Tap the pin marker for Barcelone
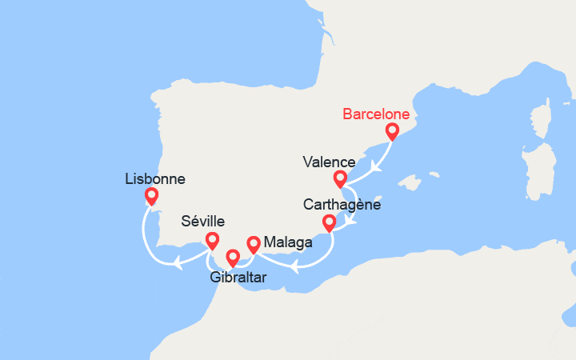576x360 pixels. click(392, 131)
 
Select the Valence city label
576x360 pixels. click(329, 162)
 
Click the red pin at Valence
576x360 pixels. click(340, 178)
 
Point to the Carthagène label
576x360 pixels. click(342, 205)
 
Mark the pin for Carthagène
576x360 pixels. click(328, 222)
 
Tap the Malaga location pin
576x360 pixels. click(254, 244)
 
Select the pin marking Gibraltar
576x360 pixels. click(233, 258)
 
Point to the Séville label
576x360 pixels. click(202, 221)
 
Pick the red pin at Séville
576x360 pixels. click(212, 240)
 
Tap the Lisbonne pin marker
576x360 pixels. click(151, 196)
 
